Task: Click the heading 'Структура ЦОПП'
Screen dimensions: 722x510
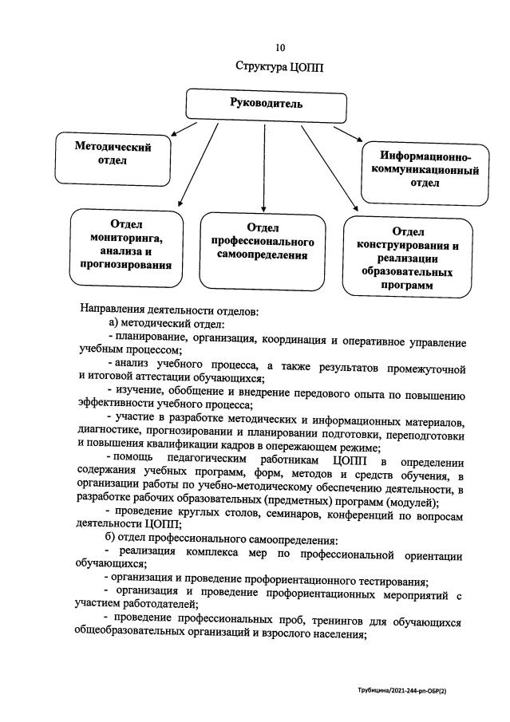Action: (x=278, y=69)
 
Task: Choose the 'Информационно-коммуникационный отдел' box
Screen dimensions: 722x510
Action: (x=425, y=169)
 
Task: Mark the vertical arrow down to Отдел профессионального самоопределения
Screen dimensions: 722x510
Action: (x=263, y=164)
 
